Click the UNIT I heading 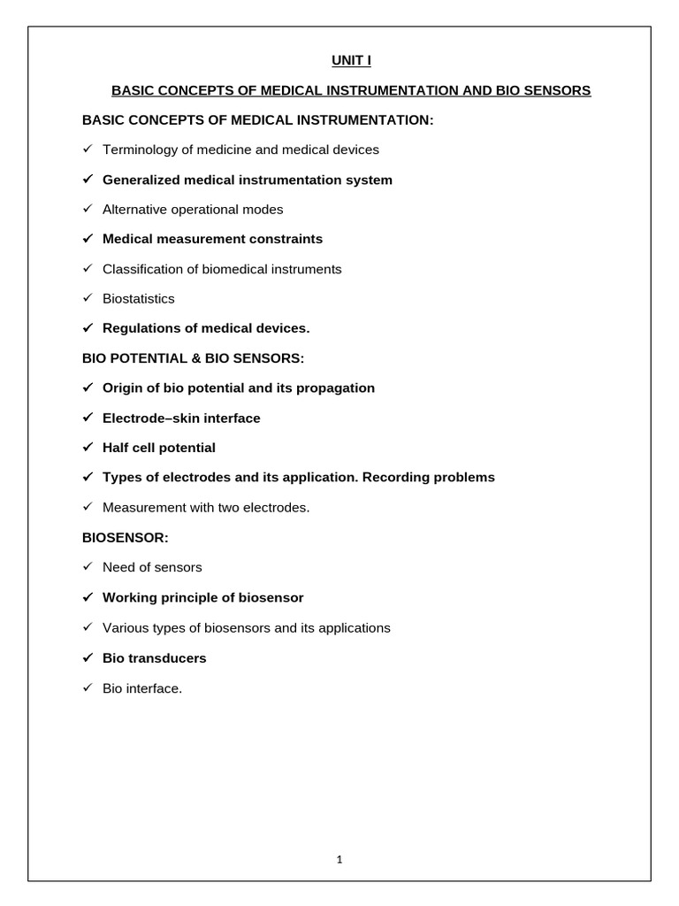339,60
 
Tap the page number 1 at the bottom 339,858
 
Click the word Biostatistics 139,298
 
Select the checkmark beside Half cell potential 88,448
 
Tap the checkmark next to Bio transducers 88,658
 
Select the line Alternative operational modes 193,210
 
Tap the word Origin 123,388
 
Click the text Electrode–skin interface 181,418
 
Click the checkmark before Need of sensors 88,567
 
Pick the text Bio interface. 142,688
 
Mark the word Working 129,597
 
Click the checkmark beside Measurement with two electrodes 88,508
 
